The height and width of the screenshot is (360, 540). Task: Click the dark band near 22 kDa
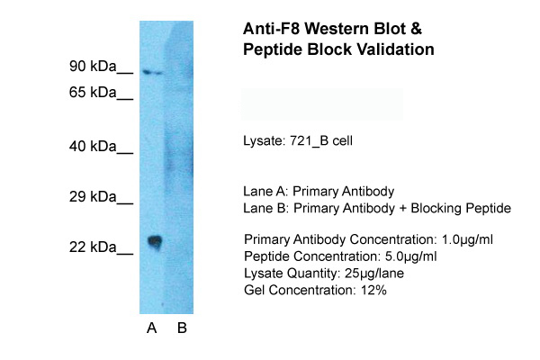point(155,241)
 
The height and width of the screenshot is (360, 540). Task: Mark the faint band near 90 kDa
point(154,72)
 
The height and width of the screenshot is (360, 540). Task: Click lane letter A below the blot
point(151,328)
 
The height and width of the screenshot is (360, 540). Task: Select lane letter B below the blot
point(182,328)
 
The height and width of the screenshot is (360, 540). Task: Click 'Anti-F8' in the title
point(273,28)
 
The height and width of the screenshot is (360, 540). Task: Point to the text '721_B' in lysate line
point(311,142)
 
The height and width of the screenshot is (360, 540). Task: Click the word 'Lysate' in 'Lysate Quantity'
point(262,273)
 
